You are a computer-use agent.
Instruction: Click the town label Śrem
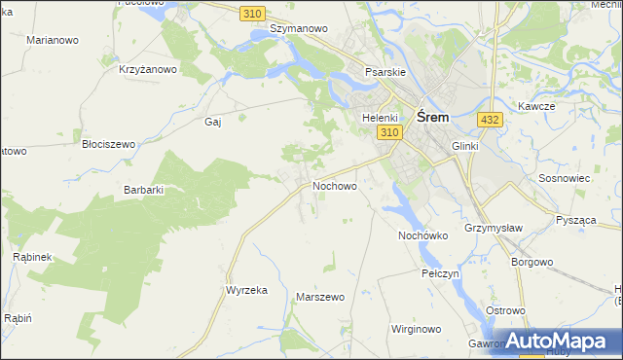pos(432,117)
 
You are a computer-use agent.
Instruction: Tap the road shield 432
pos(490,120)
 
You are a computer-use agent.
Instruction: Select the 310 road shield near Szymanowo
pos(253,12)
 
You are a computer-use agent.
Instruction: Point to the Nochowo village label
pos(335,185)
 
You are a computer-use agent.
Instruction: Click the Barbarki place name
pos(143,191)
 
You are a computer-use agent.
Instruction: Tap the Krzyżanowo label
pos(147,69)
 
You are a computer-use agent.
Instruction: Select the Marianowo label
pos(53,41)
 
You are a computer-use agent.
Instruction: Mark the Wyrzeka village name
pos(246,291)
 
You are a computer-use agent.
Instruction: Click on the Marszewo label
pos(320,297)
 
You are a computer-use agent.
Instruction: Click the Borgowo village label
pos(532,262)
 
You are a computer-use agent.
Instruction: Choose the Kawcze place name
pos(536,106)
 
